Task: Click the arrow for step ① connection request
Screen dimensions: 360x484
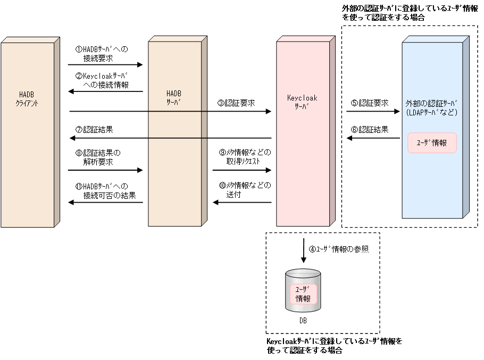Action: pos(105,65)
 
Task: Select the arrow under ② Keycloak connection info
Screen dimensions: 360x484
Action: pos(105,91)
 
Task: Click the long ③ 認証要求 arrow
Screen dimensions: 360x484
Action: pos(170,112)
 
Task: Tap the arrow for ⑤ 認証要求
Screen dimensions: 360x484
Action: pos(373,112)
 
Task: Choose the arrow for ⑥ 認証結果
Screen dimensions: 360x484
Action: pos(373,138)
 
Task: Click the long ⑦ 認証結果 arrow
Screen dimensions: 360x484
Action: pos(170,138)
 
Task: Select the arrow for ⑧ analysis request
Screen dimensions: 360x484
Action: pos(105,171)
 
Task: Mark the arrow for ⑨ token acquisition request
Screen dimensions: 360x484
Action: pos(242,171)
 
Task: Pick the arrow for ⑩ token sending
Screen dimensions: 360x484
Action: pos(242,203)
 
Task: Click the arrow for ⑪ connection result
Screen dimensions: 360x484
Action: pos(105,203)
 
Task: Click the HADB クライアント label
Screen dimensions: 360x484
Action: pos(27,98)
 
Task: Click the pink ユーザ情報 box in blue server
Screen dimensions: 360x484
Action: pos(432,143)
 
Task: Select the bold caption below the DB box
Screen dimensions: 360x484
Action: pos(334,346)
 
